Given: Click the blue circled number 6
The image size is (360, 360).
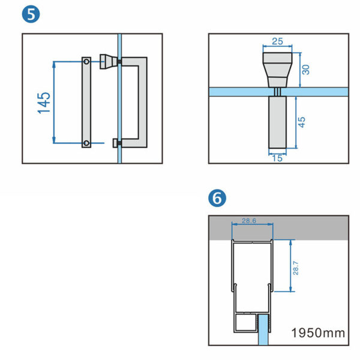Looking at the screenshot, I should (217, 197).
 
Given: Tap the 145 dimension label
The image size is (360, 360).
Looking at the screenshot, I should (44, 103).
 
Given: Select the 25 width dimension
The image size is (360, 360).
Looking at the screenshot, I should (277, 41).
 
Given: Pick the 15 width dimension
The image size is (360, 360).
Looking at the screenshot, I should (277, 158).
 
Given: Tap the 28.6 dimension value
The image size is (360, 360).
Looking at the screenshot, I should (251, 221).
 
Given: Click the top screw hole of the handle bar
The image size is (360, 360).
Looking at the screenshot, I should (87, 62).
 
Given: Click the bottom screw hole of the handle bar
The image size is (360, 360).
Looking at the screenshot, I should (87, 142).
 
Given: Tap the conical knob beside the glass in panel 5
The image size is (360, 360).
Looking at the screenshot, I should (108, 61).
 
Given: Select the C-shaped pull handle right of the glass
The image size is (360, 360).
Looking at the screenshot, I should (139, 102).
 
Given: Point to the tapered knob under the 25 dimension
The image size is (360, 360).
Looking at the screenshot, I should (277, 69).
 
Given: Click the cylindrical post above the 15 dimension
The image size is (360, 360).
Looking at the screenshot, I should (277, 123).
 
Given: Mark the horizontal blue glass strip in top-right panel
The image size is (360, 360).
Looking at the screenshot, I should (240, 91).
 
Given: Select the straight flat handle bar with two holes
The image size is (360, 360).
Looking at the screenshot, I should (87, 102).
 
